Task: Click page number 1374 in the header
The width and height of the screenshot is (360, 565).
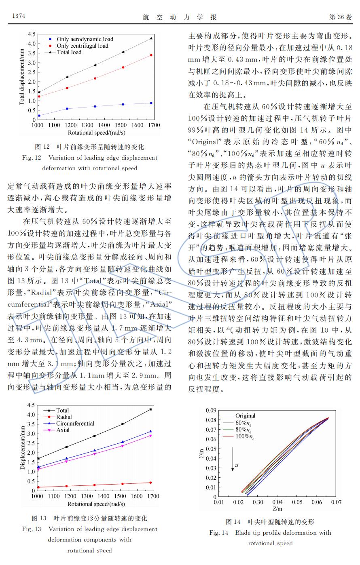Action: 19,16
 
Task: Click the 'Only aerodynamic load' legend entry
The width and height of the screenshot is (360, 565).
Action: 85,39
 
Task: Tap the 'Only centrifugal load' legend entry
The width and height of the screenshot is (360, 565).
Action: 82,46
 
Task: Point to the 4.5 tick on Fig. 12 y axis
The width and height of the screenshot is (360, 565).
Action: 32,35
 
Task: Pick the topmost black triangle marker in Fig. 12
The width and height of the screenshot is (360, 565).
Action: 151,38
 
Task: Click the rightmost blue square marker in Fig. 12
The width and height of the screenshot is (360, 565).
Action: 151,103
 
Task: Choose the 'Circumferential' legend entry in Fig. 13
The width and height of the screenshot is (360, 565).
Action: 75,424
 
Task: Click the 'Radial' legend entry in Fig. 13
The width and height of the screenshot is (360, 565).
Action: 64,417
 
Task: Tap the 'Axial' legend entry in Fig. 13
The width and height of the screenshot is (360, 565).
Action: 63,430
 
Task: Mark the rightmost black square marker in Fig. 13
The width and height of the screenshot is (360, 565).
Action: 150,409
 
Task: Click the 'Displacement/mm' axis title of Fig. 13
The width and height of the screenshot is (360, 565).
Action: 23,447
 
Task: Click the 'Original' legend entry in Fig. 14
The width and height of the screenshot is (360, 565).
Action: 245,415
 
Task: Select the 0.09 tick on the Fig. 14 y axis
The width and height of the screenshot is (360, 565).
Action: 211,411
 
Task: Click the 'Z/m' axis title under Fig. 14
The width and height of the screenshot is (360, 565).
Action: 277,509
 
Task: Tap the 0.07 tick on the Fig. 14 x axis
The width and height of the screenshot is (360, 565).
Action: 336,502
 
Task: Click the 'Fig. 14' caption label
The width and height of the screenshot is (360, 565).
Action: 218,533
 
